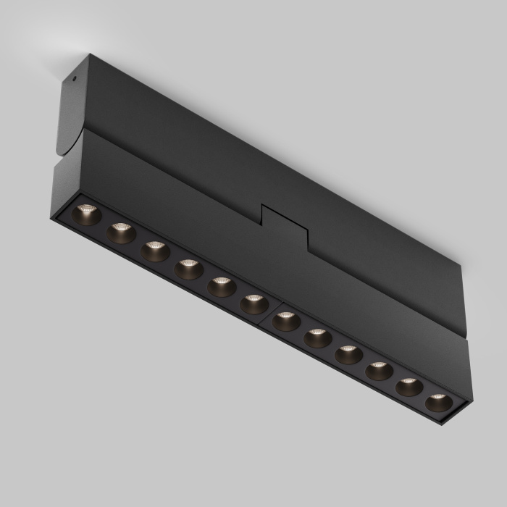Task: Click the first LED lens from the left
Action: [86, 214]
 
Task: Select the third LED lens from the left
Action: [155, 251]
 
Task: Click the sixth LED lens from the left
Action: [254, 304]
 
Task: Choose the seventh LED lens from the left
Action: [286, 321]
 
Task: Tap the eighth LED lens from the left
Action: [317, 338]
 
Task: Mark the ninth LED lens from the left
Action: [348, 355]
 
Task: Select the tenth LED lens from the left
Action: [379, 371]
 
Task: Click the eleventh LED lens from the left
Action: [409, 387]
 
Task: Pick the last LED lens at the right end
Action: [438, 402]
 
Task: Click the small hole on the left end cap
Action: [74, 77]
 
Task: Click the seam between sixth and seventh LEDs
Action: [271, 311]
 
